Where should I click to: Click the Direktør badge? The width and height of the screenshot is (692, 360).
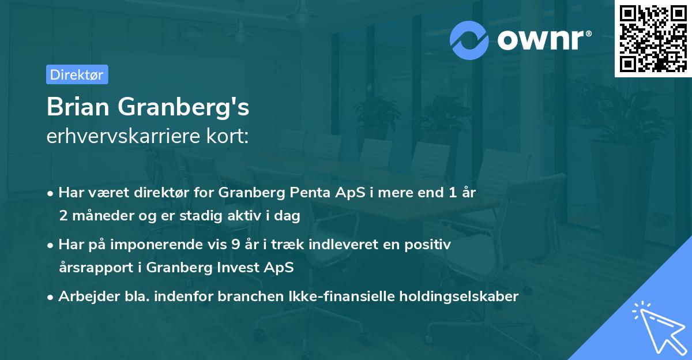77,74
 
